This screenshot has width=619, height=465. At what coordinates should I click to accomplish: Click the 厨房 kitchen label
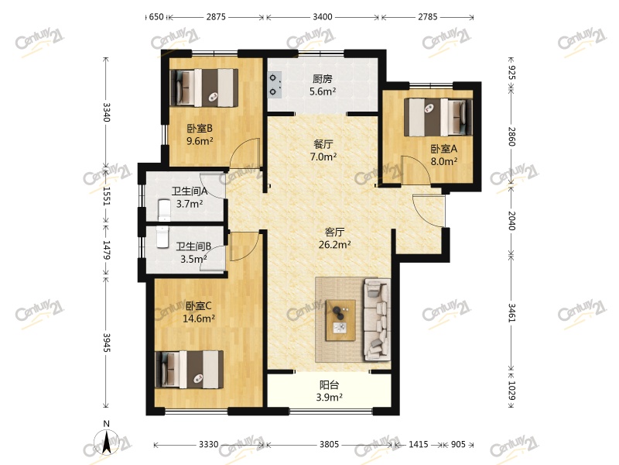(322, 79)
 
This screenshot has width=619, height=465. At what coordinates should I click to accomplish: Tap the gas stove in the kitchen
(275, 84)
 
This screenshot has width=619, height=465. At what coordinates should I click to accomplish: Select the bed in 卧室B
(204, 88)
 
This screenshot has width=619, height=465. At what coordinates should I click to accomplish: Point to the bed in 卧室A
(438, 117)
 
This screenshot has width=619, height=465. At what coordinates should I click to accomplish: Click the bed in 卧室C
(189, 370)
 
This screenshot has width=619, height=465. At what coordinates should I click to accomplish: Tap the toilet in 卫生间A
(164, 210)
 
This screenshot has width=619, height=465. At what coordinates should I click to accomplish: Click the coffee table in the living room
(340, 320)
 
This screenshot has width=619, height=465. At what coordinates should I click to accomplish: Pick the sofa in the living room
(377, 319)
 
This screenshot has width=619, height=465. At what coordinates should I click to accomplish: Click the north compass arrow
(106, 442)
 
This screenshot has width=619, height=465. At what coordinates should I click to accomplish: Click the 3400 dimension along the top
(323, 16)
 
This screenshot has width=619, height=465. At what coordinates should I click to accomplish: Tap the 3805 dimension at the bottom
(329, 444)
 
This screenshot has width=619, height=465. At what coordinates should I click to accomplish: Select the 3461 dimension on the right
(511, 312)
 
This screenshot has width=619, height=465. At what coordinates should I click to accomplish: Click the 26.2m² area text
(335, 244)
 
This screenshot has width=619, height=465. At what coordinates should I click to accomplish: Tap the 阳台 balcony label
(330, 384)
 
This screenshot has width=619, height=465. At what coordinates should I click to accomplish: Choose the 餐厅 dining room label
(323, 144)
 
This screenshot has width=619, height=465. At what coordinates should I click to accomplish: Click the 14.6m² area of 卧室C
(199, 319)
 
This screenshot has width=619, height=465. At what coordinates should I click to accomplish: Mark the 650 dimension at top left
(156, 16)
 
